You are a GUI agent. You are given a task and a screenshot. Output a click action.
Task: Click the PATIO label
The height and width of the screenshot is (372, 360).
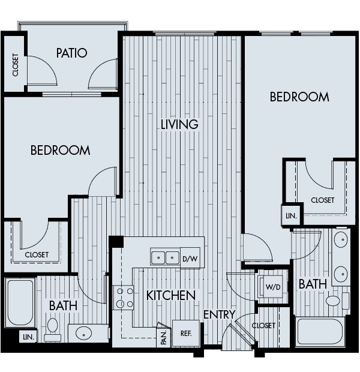tap(71, 53)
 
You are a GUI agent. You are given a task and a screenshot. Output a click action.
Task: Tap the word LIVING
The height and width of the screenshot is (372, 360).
tap(179, 124)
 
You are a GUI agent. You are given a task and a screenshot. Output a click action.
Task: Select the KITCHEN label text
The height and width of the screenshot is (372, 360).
tap(171, 295)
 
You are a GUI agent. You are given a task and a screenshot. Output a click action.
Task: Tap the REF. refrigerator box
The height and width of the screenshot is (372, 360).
tap(185, 334)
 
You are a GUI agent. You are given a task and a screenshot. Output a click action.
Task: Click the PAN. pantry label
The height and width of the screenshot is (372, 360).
tap(163, 337)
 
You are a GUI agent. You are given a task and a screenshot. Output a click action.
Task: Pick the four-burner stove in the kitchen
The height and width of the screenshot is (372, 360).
tap(124, 297)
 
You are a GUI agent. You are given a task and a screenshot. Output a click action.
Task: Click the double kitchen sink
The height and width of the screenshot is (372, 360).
tap(165, 257)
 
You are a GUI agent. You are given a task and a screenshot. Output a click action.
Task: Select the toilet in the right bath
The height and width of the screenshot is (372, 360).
tap(333, 300)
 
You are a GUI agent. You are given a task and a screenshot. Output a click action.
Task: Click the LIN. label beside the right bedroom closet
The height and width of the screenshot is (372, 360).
tap(292, 215)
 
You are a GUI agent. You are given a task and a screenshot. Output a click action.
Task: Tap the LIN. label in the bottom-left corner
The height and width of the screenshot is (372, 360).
tap(27, 337)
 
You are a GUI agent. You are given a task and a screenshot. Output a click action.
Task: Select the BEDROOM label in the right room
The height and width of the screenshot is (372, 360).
tap(299, 97)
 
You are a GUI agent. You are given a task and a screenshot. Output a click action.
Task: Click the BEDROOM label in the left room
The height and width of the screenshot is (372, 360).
tap(60, 150)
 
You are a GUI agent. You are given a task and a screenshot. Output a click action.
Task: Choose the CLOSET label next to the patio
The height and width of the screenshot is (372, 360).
tap(15, 65)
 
